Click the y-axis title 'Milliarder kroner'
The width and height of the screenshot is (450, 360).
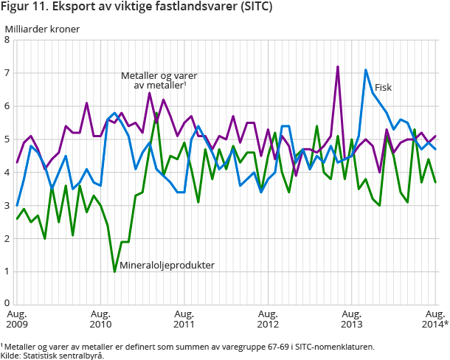[x=42, y=30]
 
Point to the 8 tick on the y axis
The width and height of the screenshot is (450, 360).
[x=7, y=40]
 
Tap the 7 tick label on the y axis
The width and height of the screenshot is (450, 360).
[x=7, y=73]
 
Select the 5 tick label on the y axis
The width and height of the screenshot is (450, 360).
[x=7, y=139]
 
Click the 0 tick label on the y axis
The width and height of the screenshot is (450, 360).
[x=7, y=303]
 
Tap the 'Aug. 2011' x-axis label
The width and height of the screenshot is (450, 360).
[x=184, y=319]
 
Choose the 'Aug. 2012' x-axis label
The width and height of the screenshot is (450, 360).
[x=268, y=319]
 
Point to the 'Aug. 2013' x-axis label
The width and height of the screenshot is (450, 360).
[x=352, y=319]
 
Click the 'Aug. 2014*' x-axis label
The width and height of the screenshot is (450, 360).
[x=435, y=319]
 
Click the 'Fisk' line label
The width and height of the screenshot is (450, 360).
[x=383, y=87]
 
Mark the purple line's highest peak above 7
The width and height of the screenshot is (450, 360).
[x=338, y=66]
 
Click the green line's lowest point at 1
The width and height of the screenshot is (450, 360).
[x=115, y=271]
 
